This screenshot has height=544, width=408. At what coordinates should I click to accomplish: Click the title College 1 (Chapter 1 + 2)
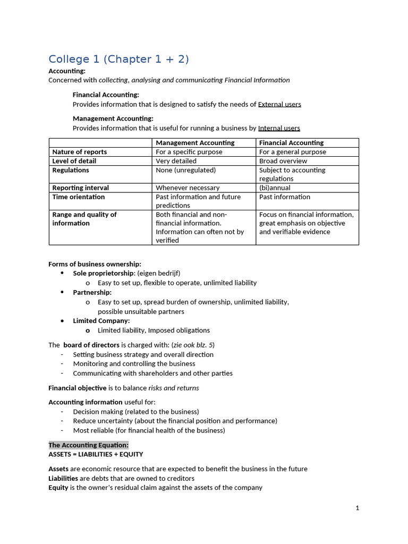pyautogui.click(x=118, y=59)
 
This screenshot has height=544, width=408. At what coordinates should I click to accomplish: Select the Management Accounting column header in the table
pyautogui.click(x=195, y=143)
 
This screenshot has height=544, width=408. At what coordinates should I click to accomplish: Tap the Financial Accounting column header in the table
pyautogui.click(x=291, y=143)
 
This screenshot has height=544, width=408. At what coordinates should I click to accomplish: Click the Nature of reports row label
pyautogui.click(x=79, y=152)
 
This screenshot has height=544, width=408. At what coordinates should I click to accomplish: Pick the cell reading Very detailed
pyautogui.click(x=176, y=161)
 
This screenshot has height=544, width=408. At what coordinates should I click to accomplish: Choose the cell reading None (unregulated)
pyautogui.click(x=185, y=170)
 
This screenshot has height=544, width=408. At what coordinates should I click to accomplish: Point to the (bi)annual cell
pyautogui.click(x=275, y=188)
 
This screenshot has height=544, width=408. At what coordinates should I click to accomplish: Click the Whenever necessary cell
pyautogui.click(x=188, y=188)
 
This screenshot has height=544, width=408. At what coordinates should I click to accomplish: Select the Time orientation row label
pyautogui.click(x=78, y=197)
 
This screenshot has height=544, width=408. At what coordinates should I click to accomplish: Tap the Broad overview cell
pyautogui.click(x=283, y=161)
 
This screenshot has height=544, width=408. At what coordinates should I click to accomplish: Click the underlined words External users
pyautogui.click(x=279, y=104)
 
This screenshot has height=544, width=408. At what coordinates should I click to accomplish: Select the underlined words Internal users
pyautogui.click(x=279, y=128)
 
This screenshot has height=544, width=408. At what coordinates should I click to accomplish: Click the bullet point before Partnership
pyautogui.click(x=62, y=292)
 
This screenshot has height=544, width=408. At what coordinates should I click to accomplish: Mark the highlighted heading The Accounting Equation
pyautogui.click(x=88, y=445)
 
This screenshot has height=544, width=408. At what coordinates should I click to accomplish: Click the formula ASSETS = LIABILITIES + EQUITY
pyautogui.click(x=96, y=454)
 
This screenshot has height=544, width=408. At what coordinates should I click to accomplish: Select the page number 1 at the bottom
pyautogui.click(x=358, y=508)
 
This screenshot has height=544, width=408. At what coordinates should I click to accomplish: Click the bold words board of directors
pyautogui.click(x=91, y=345)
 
